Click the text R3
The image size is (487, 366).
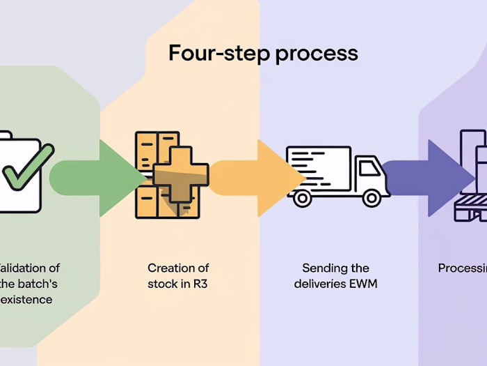point(200,284)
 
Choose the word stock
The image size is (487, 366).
point(162,284)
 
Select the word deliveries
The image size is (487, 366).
point(319,284)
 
